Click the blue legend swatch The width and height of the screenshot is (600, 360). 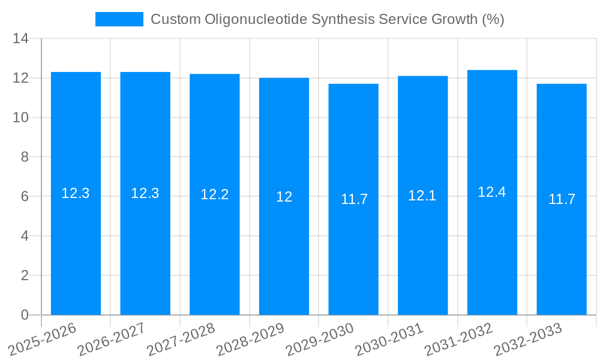119,19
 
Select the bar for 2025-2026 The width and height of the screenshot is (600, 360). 76,240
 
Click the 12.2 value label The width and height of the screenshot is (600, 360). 215,194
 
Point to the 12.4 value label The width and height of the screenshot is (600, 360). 492,192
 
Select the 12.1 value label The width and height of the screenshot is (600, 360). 422,196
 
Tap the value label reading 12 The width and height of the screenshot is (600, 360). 284,197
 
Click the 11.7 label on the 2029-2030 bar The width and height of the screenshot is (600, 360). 353,200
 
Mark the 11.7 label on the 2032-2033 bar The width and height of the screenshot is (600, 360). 562,200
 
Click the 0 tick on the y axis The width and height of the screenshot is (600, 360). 25,315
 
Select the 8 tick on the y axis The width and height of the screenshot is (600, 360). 25,157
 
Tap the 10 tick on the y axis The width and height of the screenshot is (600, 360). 21,118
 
